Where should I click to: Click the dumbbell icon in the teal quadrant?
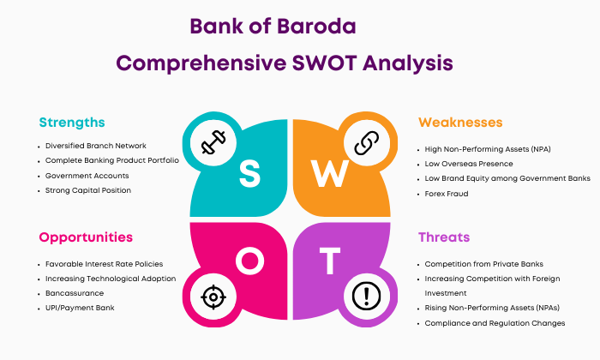pyautogui.click(x=213, y=142)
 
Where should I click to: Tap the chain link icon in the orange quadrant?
pyautogui.click(x=367, y=142)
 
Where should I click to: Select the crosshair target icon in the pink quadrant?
pyautogui.click(x=213, y=297)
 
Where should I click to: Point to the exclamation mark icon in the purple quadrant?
pyautogui.click(x=367, y=296)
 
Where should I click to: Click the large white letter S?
pyautogui.click(x=249, y=173)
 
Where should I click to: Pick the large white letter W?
pyautogui.click(x=329, y=173)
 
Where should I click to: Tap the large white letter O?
pyautogui.click(x=250, y=261)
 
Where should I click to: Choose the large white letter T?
pyautogui.click(x=330, y=261)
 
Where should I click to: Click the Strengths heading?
pyautogui.click(x=72, y=123)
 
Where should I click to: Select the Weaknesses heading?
pyautogui.click(x=460, y=123)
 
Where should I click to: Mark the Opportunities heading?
pyautogui.click(x=86, y=237)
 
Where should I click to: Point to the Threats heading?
pyautogui.click(x=444, y=237)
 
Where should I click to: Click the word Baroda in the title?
pyautogui.click(x=316, y=27)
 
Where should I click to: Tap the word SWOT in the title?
pyautogui.click(x=325, y=63)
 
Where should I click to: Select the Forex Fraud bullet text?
pyautogui.click(x=447, y=194)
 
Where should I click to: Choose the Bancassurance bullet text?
pyautogui.click(x=75, y=293)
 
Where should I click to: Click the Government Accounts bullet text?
pyautogui.click(x=87, y=176)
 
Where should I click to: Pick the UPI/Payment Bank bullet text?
pyautogui.click(x=80, y=308)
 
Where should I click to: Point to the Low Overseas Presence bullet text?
pyautogui.click(x=469, y=164)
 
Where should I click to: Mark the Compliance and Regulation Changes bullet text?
pyautogui.click(x=495, y=323)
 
